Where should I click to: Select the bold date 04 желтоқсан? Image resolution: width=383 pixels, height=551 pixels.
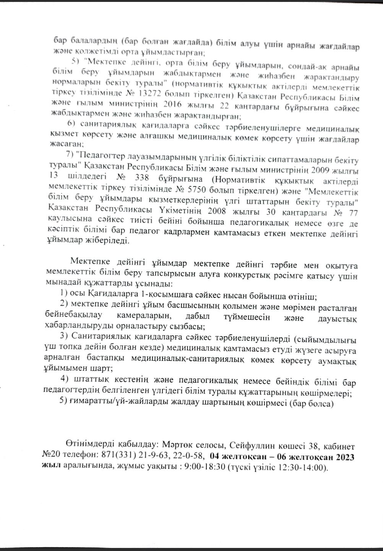click(237, 456)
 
